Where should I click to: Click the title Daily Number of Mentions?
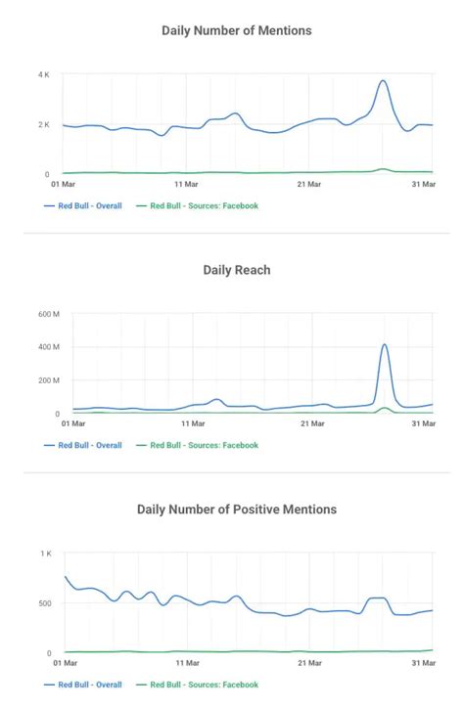pos(236,30)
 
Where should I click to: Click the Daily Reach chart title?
pos(236,270)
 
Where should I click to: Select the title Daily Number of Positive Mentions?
pos(236,509)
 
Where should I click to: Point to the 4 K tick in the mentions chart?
pos(43,75)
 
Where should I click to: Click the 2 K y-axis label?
pos(43,125)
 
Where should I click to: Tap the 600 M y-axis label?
pos(49,314)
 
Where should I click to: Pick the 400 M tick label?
pos(49,347)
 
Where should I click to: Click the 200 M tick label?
pos(49,380)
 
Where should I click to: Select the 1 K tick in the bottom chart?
pos(45,553)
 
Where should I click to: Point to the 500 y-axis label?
pos(45,603)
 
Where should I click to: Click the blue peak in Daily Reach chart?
pos(385,344)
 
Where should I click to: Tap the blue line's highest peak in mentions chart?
pos(383,81)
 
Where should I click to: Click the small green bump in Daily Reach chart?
pos(385,409)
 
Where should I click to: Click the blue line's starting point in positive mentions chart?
pos(66,577)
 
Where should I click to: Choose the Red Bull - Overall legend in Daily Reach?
pos(89,445)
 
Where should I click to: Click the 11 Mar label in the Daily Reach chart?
pos(192,424)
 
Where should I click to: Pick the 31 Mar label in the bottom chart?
pos(422,663)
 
